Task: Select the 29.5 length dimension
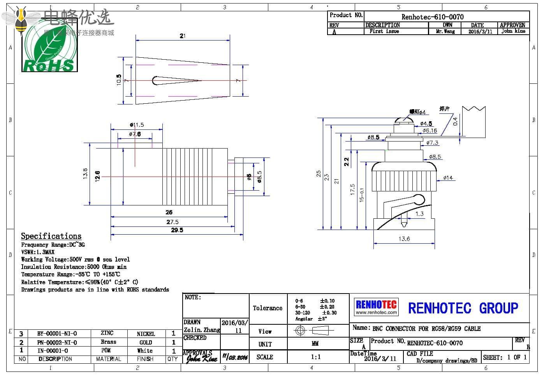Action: (x=177, y=230)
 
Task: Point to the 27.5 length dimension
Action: (x=173, y=222)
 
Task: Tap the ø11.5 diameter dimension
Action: (x=137, y=125)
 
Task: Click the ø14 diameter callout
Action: (x=448, y=178)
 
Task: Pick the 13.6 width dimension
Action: (x=404, y=239)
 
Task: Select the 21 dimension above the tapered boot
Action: (x=182, y=36)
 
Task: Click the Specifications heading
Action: (x=51, y=236)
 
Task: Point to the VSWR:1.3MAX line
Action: (x=38, y=252)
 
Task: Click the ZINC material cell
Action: (x=107, y=333)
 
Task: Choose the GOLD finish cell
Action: (x=146, y=342)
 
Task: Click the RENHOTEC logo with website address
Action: (x=376, y=307)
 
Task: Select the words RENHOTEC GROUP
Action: (x=463, y=308)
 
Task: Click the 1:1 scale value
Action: (x=316, y=357)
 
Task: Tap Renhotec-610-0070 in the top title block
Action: (x=432, y=17)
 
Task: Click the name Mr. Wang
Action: (x=445, y=31)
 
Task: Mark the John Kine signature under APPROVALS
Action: (x=201, y=357)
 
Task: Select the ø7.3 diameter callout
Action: (x=432, y=143)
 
